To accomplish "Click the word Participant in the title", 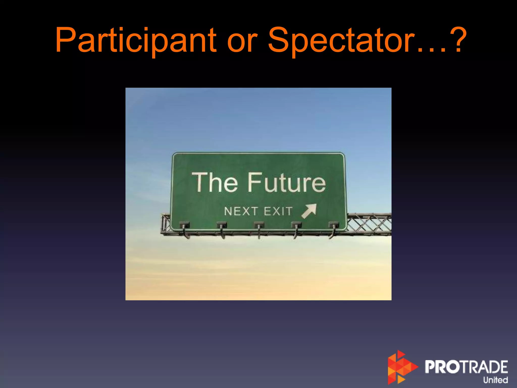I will (x=136, y=40).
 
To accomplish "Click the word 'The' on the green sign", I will (x=215, y=182).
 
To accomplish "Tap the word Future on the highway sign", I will (x=287, y=182).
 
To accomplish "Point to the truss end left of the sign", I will (x=166, y=224).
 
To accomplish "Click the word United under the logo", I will (x=495, y=380).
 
